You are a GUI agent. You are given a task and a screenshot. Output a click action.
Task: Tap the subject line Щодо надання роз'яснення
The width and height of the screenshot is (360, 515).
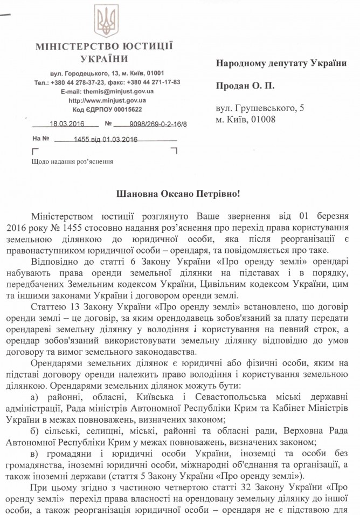click(72, 161)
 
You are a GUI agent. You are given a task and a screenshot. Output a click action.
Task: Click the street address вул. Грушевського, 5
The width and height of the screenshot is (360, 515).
click(260, 108)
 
